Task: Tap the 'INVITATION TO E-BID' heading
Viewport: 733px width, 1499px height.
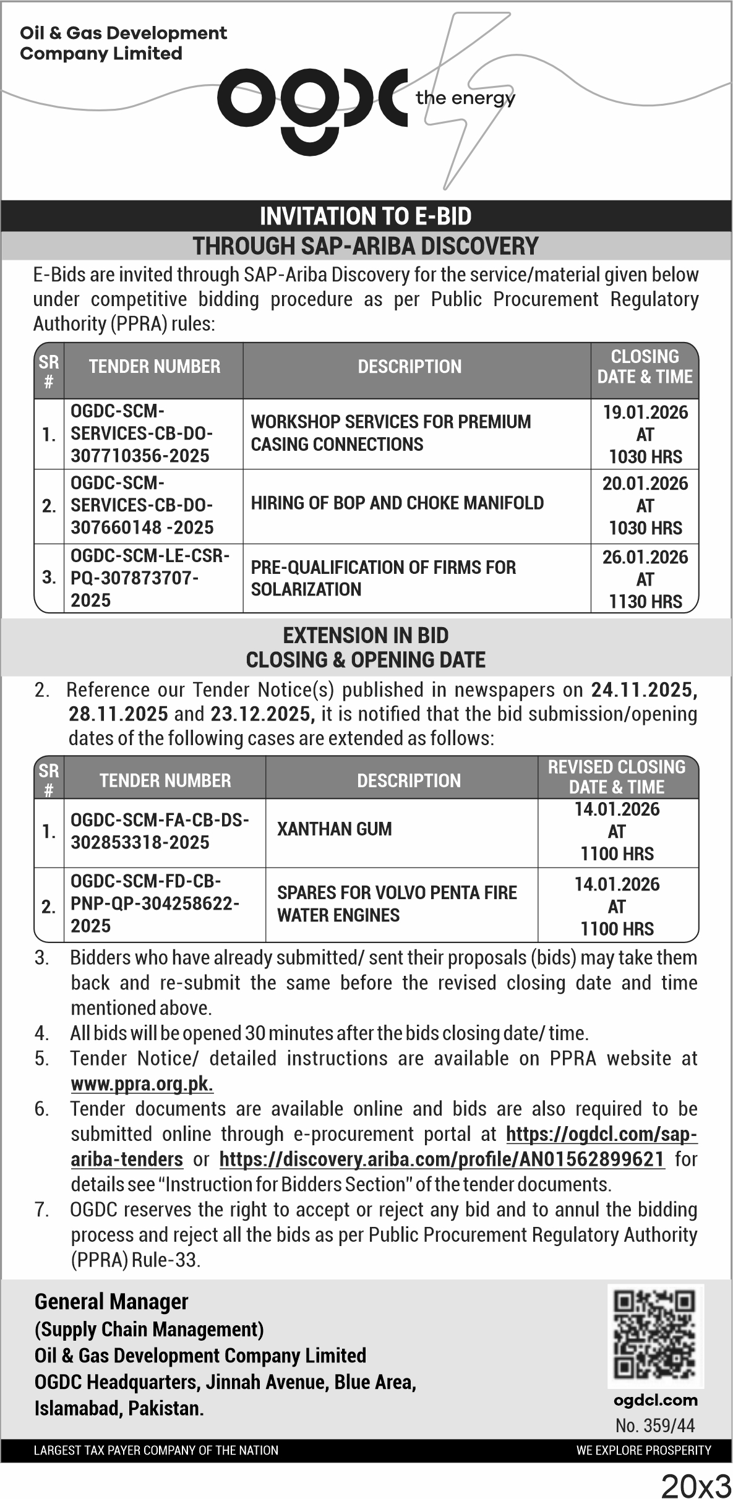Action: (366, 216)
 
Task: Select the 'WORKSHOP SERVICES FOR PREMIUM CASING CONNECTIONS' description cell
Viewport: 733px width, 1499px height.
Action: (391, 433)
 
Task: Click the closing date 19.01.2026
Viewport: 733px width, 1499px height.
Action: (645, 412)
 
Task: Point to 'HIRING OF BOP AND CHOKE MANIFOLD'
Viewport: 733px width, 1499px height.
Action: (397, 503)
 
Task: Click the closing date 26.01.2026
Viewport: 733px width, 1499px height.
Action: (645, 557)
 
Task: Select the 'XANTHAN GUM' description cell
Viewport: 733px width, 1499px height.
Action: (335, 829)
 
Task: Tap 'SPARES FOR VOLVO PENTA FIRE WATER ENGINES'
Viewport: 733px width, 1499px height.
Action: (397, 903)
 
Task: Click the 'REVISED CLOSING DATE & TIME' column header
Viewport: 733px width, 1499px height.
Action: (617, 777)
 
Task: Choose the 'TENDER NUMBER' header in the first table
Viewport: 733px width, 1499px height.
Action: (154, 367)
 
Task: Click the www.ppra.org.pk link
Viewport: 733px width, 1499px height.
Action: (142, 1085)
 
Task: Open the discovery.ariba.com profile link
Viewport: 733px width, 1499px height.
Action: (442, 1159)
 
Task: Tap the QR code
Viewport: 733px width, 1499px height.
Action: (656, 1336)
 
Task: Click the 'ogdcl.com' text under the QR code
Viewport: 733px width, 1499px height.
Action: (656, 1400)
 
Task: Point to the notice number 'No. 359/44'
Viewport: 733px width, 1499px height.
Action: (655, 1425)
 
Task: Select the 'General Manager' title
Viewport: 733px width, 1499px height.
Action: (111, 1302)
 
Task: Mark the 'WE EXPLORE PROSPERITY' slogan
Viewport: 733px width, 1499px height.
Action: (643, 1450)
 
